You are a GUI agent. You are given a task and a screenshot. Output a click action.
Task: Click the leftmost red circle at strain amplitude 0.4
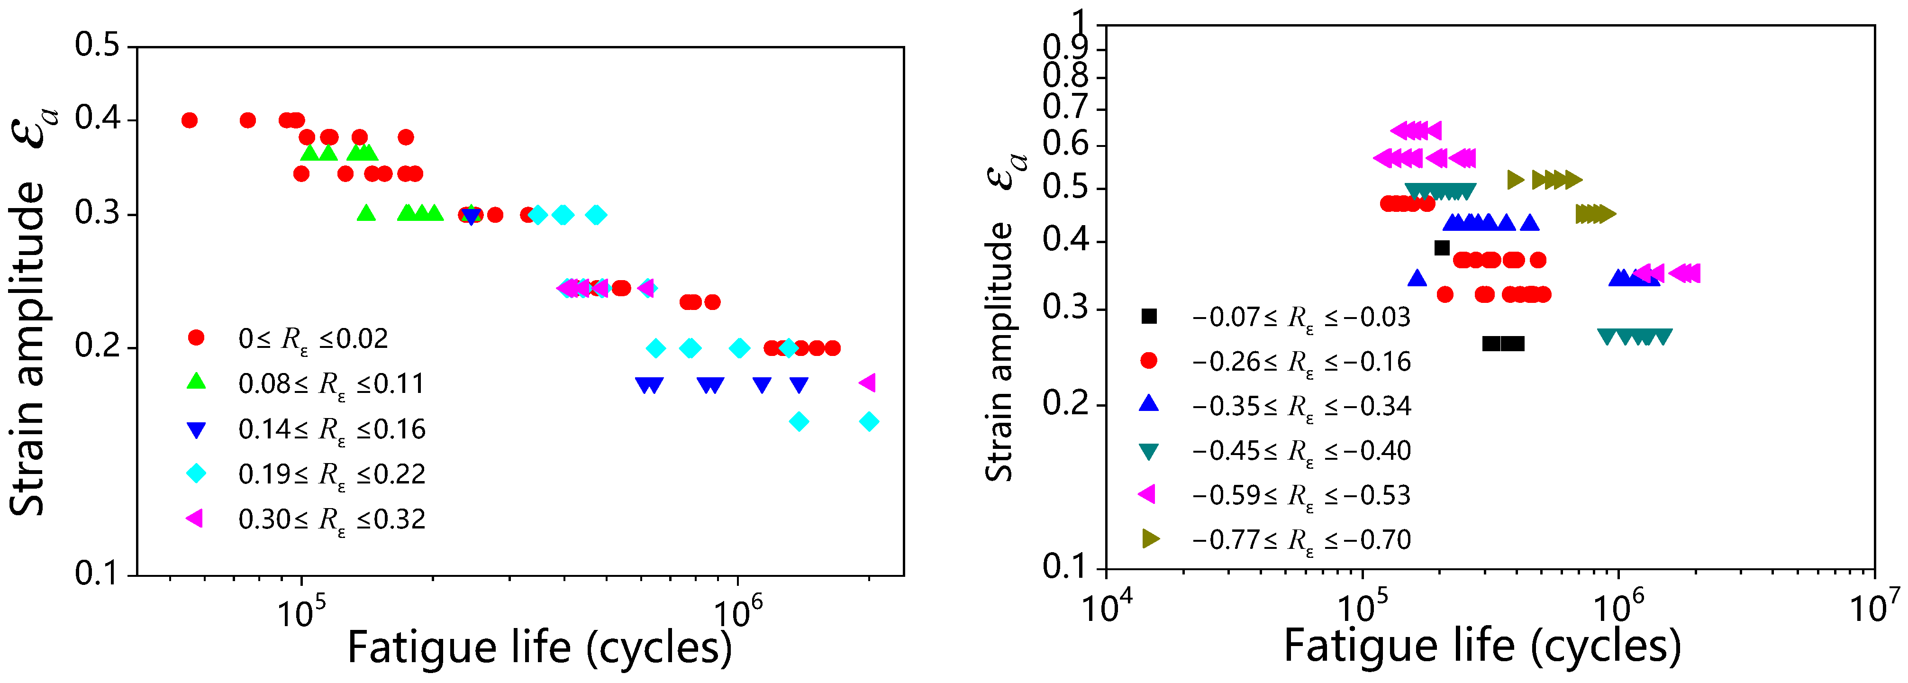[x=190, y=120]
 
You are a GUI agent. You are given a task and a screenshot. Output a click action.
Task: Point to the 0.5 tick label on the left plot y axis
[x=97, y=46]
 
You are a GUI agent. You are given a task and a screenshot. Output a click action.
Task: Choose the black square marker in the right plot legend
[x=1149, y=316]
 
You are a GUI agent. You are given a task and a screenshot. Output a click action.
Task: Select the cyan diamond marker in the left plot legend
[x=196, y=474]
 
